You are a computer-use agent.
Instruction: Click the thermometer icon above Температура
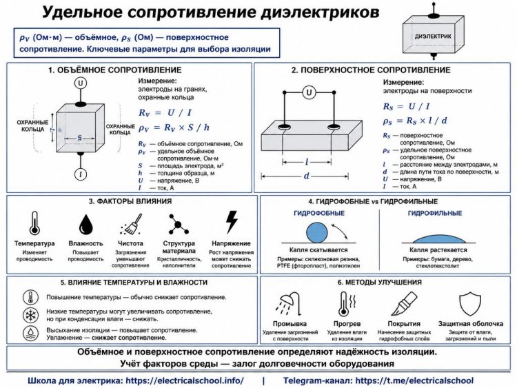pyautogui.click(x=34, y=223)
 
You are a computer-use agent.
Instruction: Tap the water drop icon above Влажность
pyautogui.click(x=86, y=225)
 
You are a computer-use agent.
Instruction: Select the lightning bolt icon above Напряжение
pyautogui.click(x=232, y=222)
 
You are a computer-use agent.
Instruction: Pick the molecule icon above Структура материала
pyautogui.click(x=178, y=224)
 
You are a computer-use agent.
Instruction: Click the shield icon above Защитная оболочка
pyautogui.click(x=471, y=305)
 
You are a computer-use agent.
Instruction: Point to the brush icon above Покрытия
pyautogui.click(x=404, y=304)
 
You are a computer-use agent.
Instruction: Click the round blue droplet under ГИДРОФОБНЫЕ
pyautogui.click(x=317, y=233)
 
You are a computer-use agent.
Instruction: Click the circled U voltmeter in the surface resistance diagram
pyautogui.click(x=309, y=92)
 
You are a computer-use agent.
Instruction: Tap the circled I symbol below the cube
pyautogui.click(x=81, y=174)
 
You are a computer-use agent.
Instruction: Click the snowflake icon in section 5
pyautogui.click(x=30, y=316)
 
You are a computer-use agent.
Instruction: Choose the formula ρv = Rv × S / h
pyautogui.click(x=174, y=127)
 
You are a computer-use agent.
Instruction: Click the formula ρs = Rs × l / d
pyautogui.click(x=415, y=121)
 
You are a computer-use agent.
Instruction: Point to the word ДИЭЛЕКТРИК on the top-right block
pyautogui.click(x=433, y=37)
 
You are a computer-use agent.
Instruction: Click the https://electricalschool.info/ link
pyautogui.click(x=185, y=380)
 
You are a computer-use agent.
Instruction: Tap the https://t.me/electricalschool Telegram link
pyautogui.click(x=414, y=380)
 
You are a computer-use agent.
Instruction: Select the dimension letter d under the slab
pyautogui.click(x=306, y=176)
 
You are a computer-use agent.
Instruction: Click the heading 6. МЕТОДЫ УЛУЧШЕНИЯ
pyautogui.click(x=380, y=282)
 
